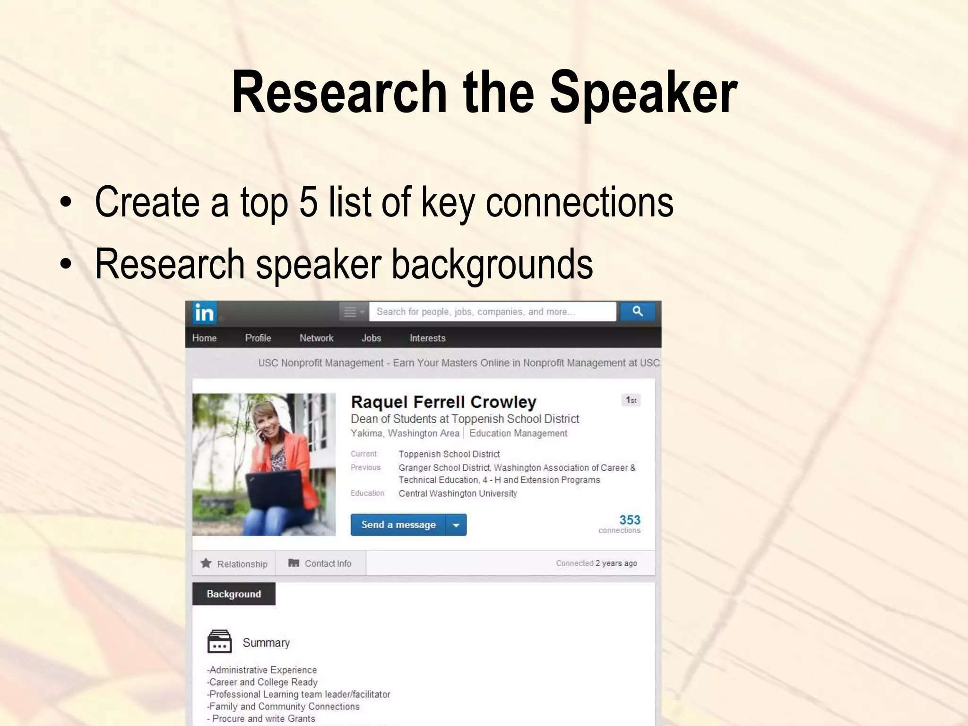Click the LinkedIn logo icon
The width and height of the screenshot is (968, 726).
204,313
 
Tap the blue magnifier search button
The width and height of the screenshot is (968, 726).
638,311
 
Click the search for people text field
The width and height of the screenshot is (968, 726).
492,312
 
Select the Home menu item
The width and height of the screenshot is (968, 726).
204,338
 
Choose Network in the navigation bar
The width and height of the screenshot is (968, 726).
316,338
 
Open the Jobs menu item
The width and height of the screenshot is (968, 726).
371,338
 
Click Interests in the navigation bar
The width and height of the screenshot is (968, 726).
427,338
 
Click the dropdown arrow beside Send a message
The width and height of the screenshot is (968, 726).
456,525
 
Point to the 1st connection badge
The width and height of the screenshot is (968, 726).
631,400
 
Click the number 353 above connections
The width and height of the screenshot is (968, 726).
630,520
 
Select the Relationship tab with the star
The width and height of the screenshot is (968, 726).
234,563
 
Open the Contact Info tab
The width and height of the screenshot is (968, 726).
320,563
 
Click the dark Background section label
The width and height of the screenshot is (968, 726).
233,594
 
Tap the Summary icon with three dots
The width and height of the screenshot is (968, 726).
220,642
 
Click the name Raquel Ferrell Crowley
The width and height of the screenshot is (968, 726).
443,402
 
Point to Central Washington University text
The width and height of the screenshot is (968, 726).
458,493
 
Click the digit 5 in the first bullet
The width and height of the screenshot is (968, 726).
308,202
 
